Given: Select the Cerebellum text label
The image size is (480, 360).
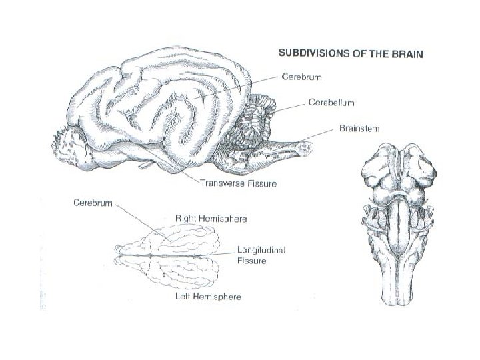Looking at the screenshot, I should (331, 103).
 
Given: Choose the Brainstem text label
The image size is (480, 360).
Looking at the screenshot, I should (359, 129).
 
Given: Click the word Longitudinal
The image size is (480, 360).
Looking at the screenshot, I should (261, 250).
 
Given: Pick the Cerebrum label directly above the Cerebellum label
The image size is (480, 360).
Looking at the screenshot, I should (303, 78).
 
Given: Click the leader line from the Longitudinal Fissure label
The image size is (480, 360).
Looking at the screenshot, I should (217, 254).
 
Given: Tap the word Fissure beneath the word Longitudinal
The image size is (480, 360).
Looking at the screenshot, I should (252, 261).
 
